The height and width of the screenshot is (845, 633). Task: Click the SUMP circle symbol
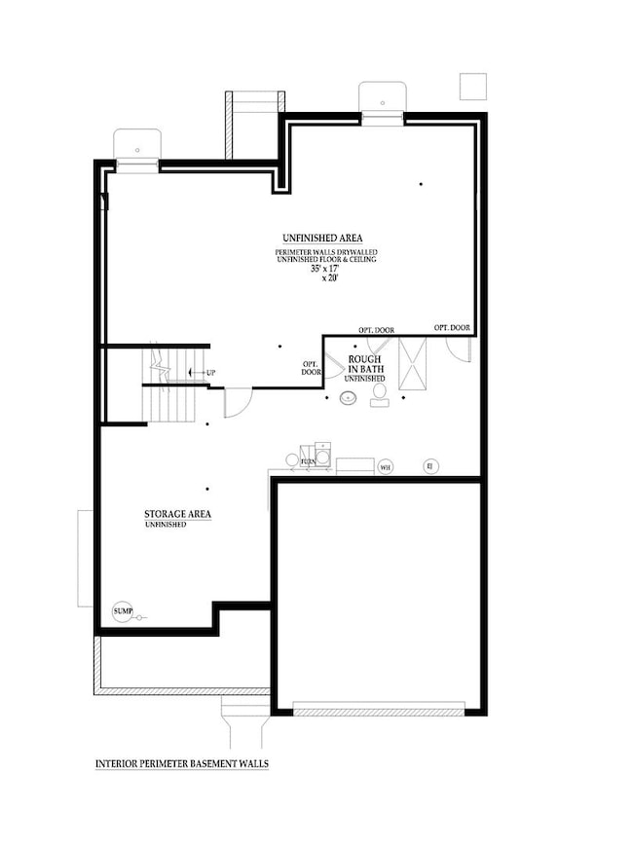pos(123,610)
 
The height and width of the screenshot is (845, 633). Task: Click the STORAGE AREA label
pos(178,514)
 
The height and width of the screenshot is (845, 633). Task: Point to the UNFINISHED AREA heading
pos(323,238)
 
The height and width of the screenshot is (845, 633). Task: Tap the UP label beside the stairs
pos(209,373)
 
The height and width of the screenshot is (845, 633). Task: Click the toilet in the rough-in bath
pos(380,392)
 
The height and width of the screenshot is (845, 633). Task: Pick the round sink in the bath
pos(347,397)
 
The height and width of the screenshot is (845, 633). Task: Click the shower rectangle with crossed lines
pos(413,365)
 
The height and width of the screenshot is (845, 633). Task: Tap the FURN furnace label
pos(308,460)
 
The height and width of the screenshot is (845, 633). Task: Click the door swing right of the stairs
pos(238,402)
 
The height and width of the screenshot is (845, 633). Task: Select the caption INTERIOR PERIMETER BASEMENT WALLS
pos(182,764)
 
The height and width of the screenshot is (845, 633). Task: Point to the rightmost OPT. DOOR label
pos(452,328)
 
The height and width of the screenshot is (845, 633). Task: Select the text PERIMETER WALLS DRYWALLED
pos(325,252)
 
